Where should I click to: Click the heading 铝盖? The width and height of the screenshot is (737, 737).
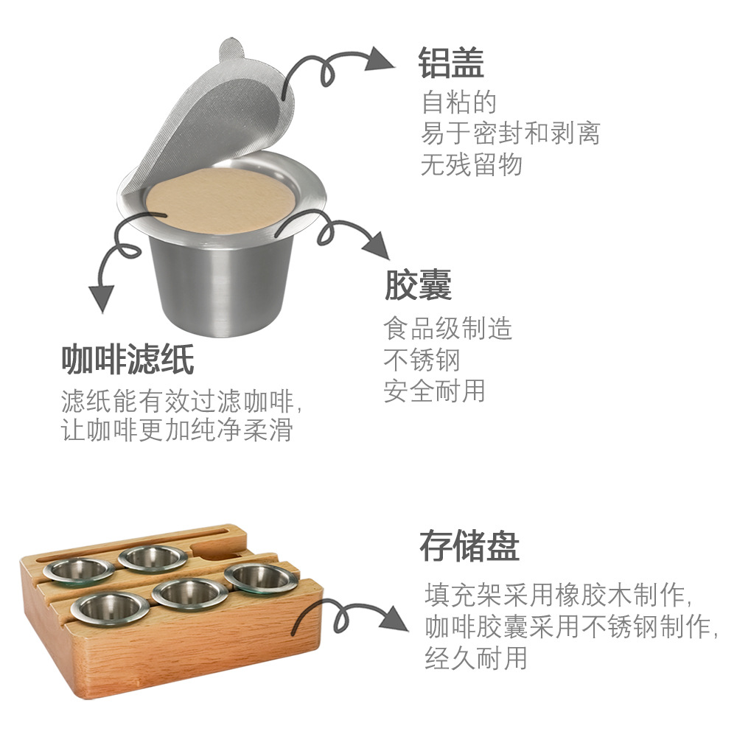tap(451, 63)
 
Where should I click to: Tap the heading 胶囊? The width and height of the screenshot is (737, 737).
tap(418, 284)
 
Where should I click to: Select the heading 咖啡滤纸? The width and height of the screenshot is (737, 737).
tap(128, 360)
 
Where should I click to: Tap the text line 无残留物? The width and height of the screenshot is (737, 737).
tap(472, 164)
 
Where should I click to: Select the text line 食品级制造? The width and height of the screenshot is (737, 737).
tap(447, 327)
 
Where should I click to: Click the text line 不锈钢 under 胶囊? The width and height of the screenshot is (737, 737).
tap(422, 360)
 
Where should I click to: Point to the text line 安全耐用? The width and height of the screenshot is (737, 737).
tap(434, 391)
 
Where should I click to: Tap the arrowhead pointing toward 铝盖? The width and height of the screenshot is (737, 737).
tap(381, 58)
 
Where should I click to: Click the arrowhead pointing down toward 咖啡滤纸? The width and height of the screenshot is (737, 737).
tap(102, 298)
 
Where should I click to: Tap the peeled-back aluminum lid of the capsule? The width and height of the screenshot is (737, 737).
tap(214, 111)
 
